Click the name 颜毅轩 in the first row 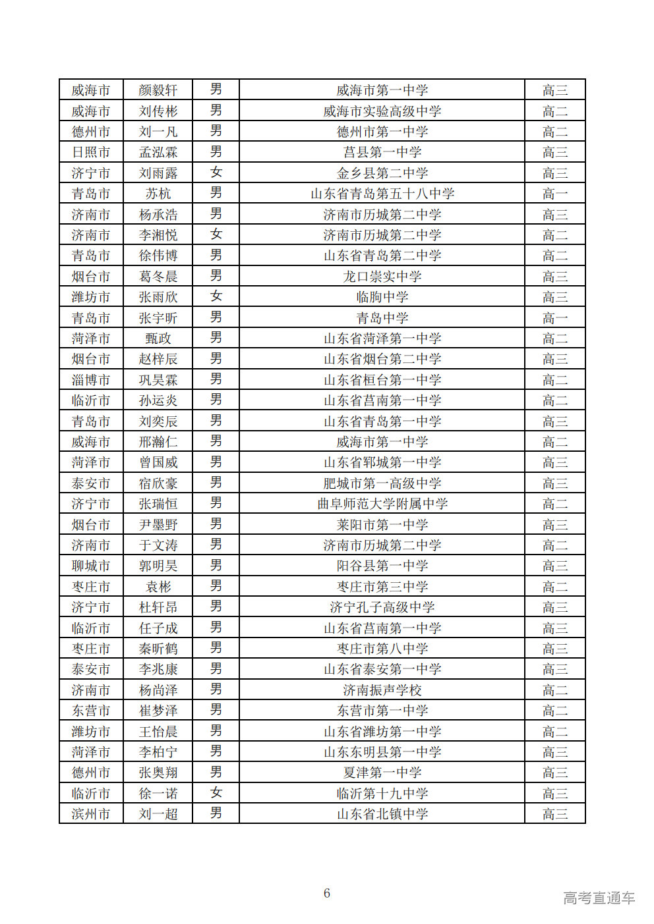pos(158,90)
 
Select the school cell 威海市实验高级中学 pos(382,111)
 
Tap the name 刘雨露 pos(158,173)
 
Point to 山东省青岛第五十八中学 pos(382,194)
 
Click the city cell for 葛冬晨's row pos(91,277)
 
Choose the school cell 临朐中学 pos(382,297)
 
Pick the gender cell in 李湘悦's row pos(216,235)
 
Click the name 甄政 pos(158,339)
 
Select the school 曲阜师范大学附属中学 pos(382,504)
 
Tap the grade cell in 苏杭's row pos(554,194)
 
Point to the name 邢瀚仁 pos(158,442)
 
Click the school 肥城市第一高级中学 pos(382,483)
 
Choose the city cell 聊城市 pos(91,566)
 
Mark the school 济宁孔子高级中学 pos(382,607)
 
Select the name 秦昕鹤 pos(158,649)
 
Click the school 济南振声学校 pos(382,690)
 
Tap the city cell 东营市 pos(91,711)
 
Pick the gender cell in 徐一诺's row pos(216,794)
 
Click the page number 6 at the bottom pos(327,893)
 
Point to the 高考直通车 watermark pos(599,898)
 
